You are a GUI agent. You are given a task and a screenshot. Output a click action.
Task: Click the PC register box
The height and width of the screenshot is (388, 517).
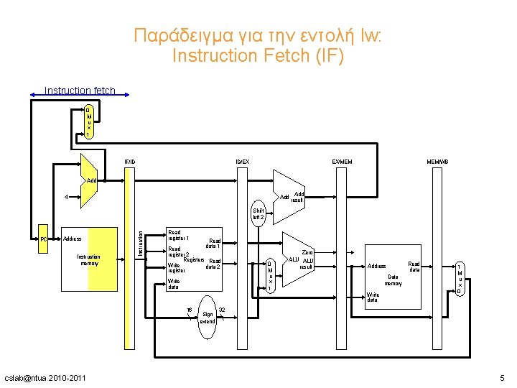point(44,239)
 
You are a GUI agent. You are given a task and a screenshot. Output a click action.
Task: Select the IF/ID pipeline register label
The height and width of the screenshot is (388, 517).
point(130,162)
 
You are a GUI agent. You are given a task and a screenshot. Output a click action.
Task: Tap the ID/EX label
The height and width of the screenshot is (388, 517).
point(243,162)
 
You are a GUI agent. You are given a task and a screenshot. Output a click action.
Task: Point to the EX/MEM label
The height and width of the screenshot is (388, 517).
point(342,162)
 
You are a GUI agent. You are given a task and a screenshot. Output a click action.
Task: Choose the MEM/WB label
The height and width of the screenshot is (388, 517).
point(437,162)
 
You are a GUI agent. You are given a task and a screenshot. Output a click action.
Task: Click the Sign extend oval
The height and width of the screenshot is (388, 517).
point(208,314)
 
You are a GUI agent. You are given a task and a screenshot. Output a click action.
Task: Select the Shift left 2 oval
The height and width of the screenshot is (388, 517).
point(258,213)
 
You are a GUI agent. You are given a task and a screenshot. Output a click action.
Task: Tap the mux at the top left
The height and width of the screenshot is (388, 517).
point(88,122)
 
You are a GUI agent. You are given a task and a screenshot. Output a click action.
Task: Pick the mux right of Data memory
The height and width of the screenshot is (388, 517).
point(459,278)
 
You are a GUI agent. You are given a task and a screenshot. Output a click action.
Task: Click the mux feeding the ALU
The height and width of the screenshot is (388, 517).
point(269,275)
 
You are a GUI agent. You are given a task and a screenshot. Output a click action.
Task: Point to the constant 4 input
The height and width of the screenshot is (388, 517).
point(66,196)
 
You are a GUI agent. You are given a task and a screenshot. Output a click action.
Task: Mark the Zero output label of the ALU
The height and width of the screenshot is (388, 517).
point(308,252)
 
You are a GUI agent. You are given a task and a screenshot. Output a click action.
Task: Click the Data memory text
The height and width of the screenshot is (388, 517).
point(393,280)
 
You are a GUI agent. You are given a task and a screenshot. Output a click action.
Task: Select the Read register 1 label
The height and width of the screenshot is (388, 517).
point(178,235)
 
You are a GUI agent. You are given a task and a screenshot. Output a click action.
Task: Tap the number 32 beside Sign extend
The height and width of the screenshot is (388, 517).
point(223,310)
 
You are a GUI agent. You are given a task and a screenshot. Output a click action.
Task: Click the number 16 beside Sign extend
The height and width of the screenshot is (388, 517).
point(190,310)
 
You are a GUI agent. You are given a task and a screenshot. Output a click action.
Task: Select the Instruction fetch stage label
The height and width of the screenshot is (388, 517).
point(79,91)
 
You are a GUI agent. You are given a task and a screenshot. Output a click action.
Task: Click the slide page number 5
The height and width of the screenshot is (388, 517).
point(503,378)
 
